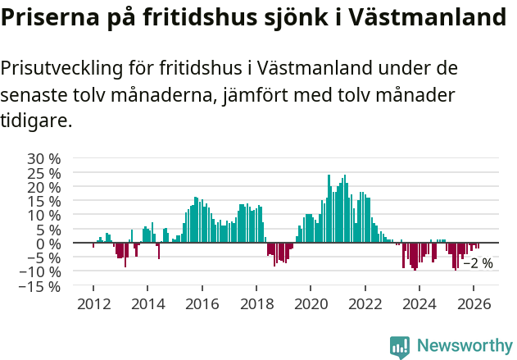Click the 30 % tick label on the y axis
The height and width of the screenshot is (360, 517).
(x=45, y=158)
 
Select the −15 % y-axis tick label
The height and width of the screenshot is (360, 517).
(x=41, y=286)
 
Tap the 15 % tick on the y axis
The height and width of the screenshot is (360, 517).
(x=45, y=201)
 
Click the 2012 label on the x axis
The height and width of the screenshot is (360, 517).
(x=93, y=303)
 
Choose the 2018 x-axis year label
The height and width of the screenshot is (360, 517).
(x=256, y=303)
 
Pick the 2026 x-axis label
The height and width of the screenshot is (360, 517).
(x=474, y=303)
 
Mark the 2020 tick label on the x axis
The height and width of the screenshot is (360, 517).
(x=311, y=303)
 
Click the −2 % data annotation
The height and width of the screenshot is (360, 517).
(x=478, y=263)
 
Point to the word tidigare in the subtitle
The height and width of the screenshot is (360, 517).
(x=36, y=121)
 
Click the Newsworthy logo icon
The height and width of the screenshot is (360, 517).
(x=400, y=346)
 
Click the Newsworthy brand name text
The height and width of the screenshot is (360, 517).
(x=464, y=346)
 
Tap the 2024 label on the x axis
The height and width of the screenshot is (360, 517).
(x=419, y=303)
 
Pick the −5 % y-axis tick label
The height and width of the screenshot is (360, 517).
(x=45, y=257)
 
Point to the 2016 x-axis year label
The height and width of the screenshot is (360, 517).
(x=202, y=303)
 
